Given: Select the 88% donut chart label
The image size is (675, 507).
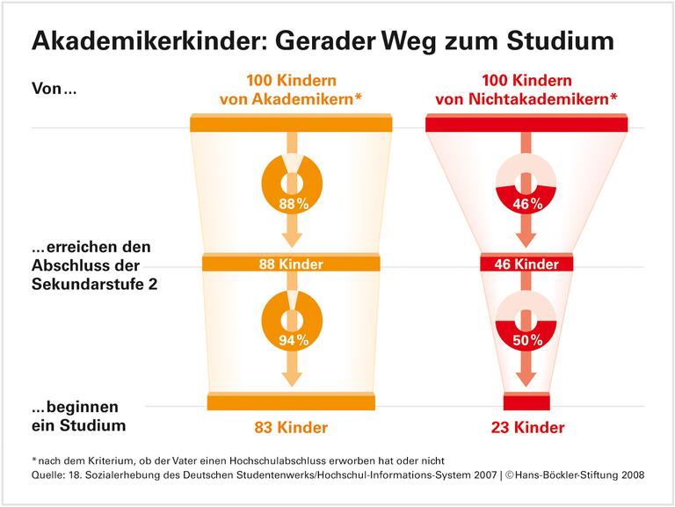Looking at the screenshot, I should tap(290, 204).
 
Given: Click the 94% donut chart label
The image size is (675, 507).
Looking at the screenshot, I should tap(290, 339).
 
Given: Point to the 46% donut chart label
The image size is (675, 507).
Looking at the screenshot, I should tap(526, 204).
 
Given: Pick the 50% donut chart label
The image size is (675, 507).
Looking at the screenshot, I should tap(526, 339).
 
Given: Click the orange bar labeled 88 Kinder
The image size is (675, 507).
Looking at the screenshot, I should tap(290, 264).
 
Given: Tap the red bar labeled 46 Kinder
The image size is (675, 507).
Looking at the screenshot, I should tap(526, 264).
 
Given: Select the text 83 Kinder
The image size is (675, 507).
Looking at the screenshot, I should tap(290, 429).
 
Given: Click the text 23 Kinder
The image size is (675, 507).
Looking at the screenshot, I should tap(526, 429).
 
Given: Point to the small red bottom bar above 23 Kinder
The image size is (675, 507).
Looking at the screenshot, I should tap(526, 402).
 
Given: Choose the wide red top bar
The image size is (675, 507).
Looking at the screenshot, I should tap(526, 124).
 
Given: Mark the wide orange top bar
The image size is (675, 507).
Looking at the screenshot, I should tap(290, 124).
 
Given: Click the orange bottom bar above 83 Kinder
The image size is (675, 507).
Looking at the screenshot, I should tap(290, 402).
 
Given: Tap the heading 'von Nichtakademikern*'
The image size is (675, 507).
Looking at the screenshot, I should tap(526, 99).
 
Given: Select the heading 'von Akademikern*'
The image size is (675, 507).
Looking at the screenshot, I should tap(290, 99).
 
